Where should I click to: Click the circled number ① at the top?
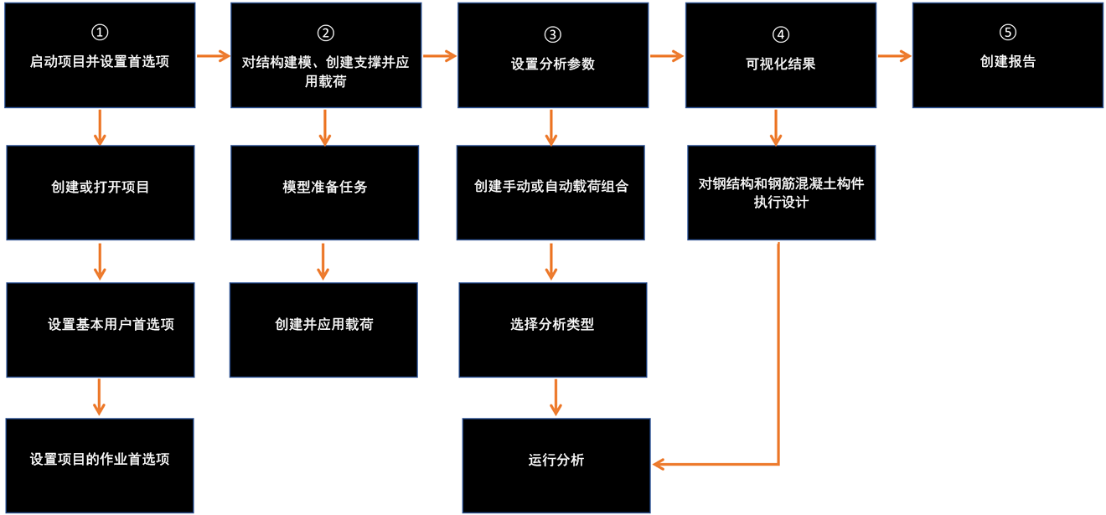(100, 33)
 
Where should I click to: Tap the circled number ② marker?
(326, 33)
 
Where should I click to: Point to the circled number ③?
(552, 34)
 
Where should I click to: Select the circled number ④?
(780, 34)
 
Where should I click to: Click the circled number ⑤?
(1008, 32)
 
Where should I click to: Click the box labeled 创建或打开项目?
(101, 193)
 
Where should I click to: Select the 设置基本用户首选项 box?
(101, 329)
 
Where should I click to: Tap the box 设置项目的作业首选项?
(100, 465)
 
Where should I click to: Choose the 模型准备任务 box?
(325, 193)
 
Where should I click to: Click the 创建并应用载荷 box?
(323, 329)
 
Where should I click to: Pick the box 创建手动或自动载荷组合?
(550, 193)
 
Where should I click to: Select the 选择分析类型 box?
(552, 329)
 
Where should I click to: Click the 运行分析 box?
(556, 465)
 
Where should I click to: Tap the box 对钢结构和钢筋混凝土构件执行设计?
(781, 193)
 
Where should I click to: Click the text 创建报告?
(1008, 62)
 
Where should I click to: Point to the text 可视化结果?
(780, 64)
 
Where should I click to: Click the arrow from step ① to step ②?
(213, 56)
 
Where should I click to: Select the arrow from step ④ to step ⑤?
(894, 56)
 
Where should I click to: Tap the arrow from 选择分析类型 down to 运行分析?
(554, 397)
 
